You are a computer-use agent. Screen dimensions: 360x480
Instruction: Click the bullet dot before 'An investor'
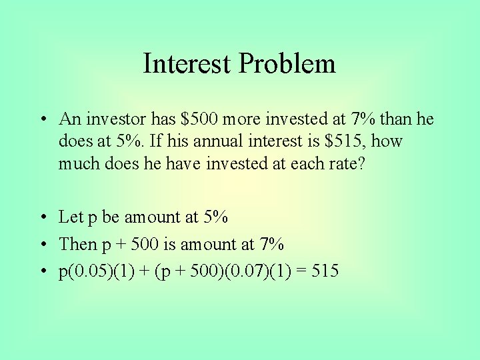(42, 120)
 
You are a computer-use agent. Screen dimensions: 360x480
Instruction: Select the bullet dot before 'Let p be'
(42, 217)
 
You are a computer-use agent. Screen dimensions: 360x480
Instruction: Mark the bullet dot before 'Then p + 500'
(42, 245)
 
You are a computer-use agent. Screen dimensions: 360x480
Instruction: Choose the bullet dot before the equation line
(42, 272)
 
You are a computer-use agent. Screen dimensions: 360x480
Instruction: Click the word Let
(70, 217)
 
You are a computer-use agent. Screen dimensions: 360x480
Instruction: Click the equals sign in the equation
(305, 271)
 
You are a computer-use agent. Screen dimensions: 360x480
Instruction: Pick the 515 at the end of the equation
(326, 271)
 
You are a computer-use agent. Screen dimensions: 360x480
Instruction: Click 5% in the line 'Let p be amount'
(215, 217)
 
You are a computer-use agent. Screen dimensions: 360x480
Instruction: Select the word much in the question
(78, 163)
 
